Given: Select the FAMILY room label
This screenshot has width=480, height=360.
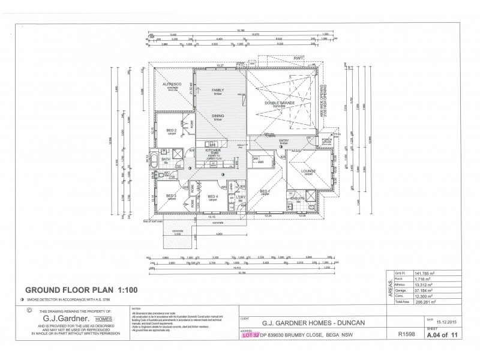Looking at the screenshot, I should tap(217, 90).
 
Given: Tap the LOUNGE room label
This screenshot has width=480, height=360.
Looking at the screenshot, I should tap(308, 171).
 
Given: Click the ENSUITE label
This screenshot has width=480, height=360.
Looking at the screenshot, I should tap(298, 197).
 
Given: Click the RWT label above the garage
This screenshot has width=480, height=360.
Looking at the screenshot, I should tap(298, 58).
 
